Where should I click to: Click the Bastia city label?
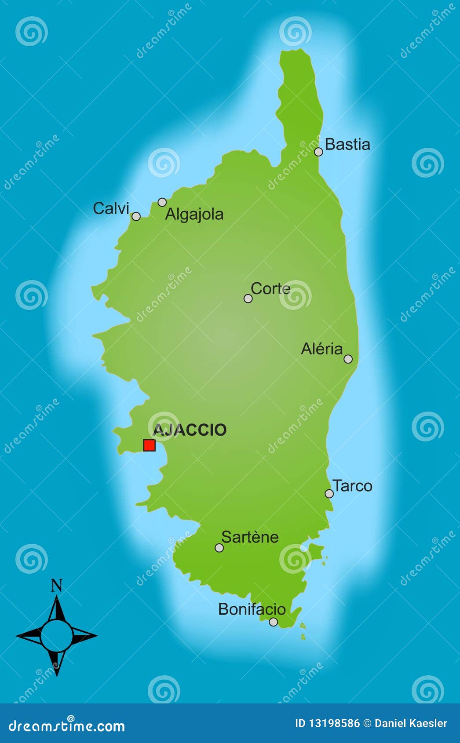[x=347, y=144]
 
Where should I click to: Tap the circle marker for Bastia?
[x=318, y=152]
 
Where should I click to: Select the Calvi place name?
[x=111, y=208]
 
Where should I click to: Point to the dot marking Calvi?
[x=136, y=216]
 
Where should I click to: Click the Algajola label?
[x=194, y=215]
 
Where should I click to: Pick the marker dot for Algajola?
[x=162, y=202]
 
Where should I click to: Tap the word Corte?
[x=270, y=288]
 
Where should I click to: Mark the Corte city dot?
[x=248, y=299]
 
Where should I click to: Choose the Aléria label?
[x=322, y=349]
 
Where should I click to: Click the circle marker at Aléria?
[x=348, y=359]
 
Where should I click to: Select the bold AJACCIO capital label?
[x=190, y=430]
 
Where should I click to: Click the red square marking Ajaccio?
[x=150, y=445]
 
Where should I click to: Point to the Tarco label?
[x=353, y=486]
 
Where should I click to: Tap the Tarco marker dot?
[x=329, y=494]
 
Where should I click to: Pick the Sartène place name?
[x=250, y=537]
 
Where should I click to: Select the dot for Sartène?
[x=219, y=548]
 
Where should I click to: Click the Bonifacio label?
[x=252, y=609]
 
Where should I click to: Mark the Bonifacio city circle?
[x=274, y=622]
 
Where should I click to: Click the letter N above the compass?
[x=57, y=586]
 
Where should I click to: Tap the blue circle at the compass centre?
[x=57, y=636]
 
